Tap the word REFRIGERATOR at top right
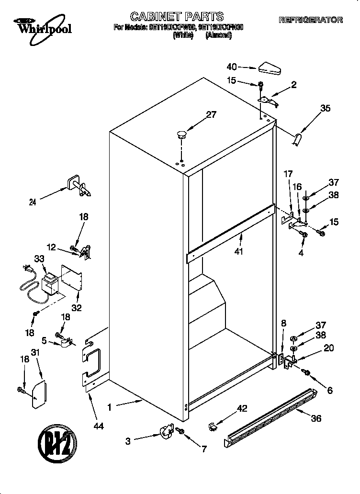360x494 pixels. click(x=311, y=20)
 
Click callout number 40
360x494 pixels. click(x=232, y=67)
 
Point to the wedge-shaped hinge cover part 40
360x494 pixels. click(x=270, y=69)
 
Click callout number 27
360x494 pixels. click(x=211, y=114)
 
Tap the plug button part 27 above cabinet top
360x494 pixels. click(x=181, y=134)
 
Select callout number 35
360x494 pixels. click(x=325, y=109)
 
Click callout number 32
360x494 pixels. click(x=76, y=308)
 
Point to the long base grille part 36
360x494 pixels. click(x=270, y=414)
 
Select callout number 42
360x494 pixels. click(x=243, y=408)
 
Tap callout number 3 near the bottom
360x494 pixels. click(x=128, y=441)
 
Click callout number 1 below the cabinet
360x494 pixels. click(x=110, y=408)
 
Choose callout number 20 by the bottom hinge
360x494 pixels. click(x=329, y=348)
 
